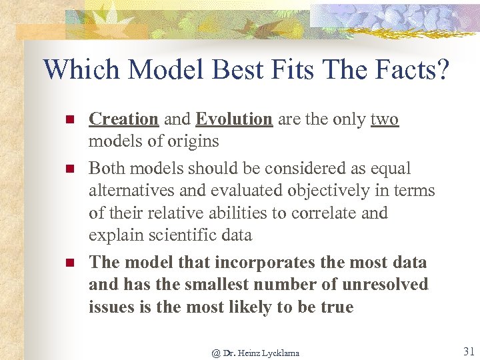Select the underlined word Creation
tap(123, 119)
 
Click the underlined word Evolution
tap(234, 119)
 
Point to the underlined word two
tap(384, 119)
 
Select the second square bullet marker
tap(68, 169)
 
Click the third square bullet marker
tap(68, 263)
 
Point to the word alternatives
tap(131, 191)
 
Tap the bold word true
tap(335, 307)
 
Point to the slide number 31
tap(468, 351)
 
